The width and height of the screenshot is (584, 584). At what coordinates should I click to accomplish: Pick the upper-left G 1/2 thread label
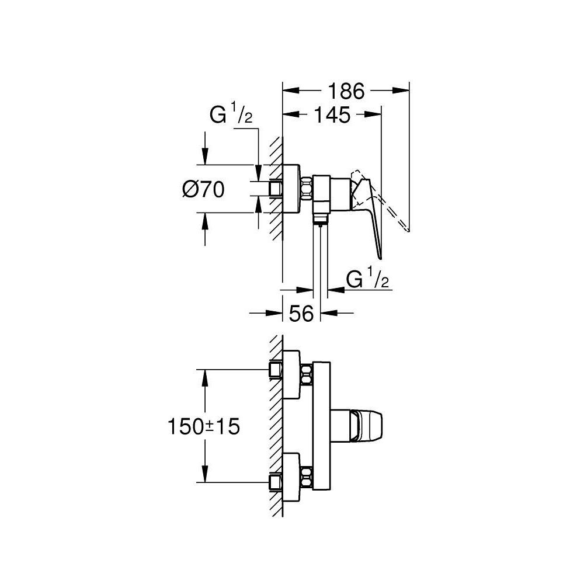pos(231,116)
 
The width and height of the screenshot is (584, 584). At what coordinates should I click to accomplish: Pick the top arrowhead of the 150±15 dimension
pos(204,377)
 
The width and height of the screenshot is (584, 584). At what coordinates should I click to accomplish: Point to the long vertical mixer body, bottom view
pos(322,426)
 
